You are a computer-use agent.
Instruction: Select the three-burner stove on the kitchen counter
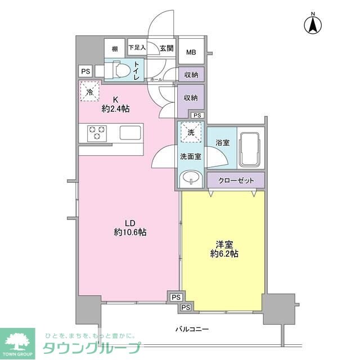pos(97,133)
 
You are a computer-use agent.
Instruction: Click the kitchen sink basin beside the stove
pos(130,133)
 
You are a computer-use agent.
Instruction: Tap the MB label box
pos(191,52)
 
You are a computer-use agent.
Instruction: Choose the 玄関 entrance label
pos(166,48)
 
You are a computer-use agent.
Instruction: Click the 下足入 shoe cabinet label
pos(137,47)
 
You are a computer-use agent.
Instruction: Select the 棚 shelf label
pos(115,49)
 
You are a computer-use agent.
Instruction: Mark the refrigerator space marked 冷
pos(89,91)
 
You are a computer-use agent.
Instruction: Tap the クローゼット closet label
pos(236,181)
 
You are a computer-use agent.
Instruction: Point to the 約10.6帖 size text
pos(130,232)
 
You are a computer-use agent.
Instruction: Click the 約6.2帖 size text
pos(224,254)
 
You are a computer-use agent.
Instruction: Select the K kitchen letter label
pos(115,100)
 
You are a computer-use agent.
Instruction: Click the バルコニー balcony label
pos(192,330)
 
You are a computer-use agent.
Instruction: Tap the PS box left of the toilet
pos(85,71)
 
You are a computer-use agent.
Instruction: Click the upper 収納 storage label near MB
pos(191,75)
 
